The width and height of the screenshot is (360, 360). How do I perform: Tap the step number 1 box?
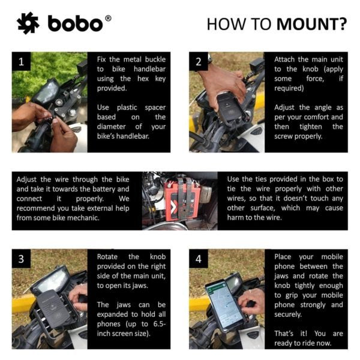pos(22,61)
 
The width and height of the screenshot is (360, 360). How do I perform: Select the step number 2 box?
pos(199,61)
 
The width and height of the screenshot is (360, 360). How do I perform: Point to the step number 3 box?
pos(22,259)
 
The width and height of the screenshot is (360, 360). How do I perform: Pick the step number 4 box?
pos(199,259)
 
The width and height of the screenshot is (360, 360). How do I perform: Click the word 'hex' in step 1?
pos(139,79)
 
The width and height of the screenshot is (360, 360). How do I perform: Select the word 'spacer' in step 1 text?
pos(153,107)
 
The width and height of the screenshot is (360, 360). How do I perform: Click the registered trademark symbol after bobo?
pos(108,17)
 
